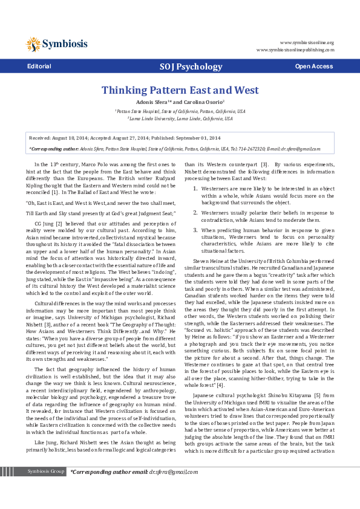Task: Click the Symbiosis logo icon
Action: pyautogui.click(x=33, y=44)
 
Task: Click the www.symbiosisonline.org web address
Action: pyautogui.click(x=307, y=43)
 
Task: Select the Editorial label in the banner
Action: pyautogui.click(x=39, y=66)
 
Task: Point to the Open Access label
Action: pyautogui.click(x=313, y=66)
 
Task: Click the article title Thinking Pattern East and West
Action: pyautogui.click(x=180, y=90)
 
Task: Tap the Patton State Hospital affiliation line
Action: pyautogui.click(x=180, y=111)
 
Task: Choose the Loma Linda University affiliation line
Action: pyautogui.click(x=180, y=118)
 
